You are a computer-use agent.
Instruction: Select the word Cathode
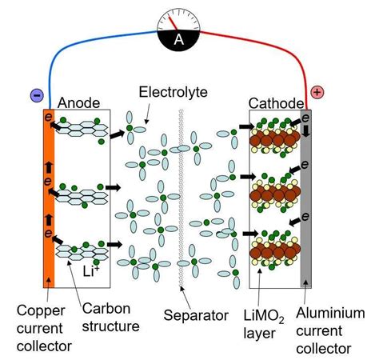276,102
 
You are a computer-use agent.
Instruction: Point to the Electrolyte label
173,93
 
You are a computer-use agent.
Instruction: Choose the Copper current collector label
46,328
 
